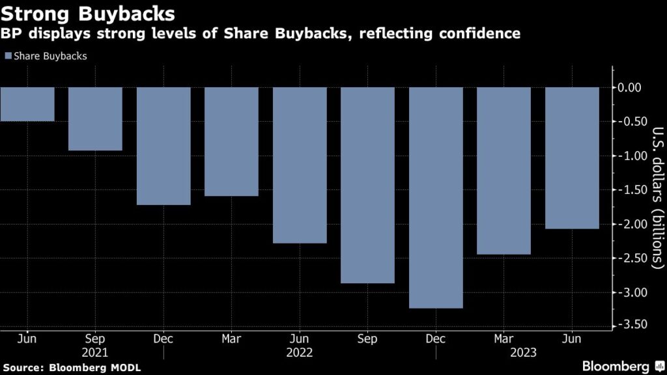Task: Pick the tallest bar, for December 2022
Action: (x=435, y=197)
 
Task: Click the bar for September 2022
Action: (x=367, y=185)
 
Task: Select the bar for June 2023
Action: (x=571, y=158)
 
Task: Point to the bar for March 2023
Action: (x=504, y=171)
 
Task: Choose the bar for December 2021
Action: (x=163, y=146)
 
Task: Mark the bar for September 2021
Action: (x=95, y=118)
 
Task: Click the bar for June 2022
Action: (x=299, y=165)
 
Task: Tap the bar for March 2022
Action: (x=231, y=141)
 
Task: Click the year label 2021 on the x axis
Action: (x=95, y=353)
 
